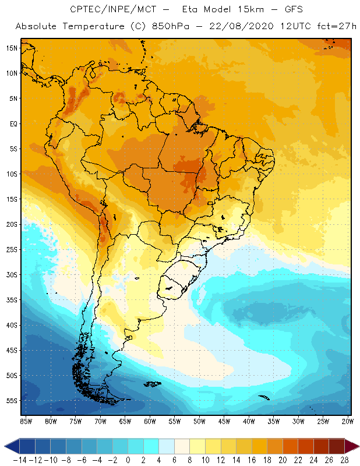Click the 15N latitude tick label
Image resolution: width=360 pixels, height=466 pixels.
pyautogui.click(x=11, y=48)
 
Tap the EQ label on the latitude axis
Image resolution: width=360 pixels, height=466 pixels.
pyautogui.click(x=12, y=123)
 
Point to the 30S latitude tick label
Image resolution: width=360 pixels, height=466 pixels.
pyautogui.click(x=11, y=274)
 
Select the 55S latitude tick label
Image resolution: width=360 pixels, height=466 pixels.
pyautogui.click(x=11, y=400)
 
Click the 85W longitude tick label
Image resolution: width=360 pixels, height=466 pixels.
pyautogui.click(x=26, y=421)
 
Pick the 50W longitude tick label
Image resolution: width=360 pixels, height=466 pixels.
pyautogui.click(x=199, y=421)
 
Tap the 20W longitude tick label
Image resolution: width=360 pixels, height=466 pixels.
pyautogui.click(x=348, y=421)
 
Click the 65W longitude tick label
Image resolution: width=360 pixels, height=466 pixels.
pyautogui.click(x=125, y=421)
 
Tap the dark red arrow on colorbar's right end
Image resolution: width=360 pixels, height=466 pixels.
pyautogui.click(x=352, y=446)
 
